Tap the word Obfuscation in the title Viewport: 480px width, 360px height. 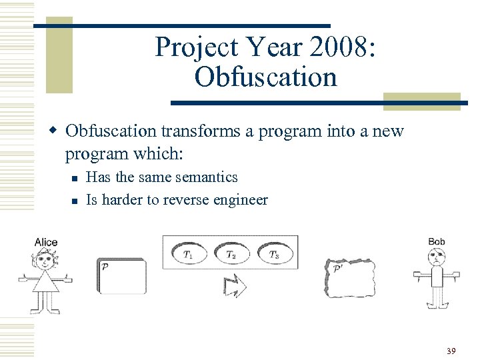(x=266, y=77)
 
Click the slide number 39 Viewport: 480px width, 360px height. (x=451, y=351)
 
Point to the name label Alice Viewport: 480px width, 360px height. (x=46, y=242)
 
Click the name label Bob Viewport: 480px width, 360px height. (x=437, y=241)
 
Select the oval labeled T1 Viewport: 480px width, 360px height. (x=189, y=253)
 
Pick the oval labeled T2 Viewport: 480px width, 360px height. (x=231, y=253)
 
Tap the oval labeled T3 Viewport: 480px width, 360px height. (x=273, y=253)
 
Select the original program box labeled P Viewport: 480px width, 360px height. (x=121, y=276)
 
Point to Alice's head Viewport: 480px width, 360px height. (x=45, y=259)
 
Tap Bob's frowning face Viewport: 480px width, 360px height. (x=437, y=256)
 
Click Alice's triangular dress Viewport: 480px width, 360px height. (x=45, y=282)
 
